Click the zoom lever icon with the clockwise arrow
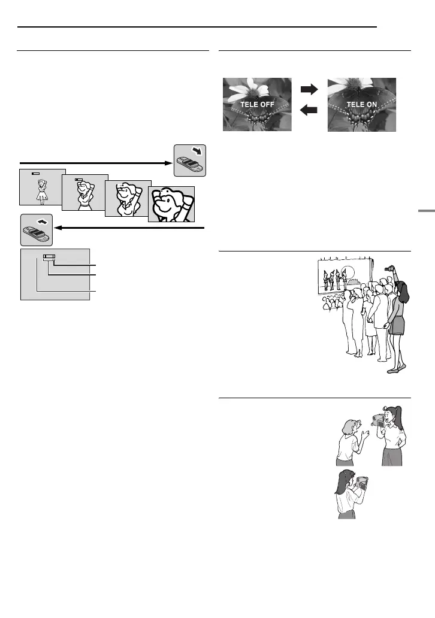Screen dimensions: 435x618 pos(189,160)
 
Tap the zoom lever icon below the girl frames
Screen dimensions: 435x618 pos(37,229)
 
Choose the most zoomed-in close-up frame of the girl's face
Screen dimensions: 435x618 pos(172,204)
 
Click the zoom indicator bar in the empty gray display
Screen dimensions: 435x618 pos(49,259)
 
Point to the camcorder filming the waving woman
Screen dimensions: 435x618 pos(379,419)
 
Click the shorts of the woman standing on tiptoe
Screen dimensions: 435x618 pos(396,327)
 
